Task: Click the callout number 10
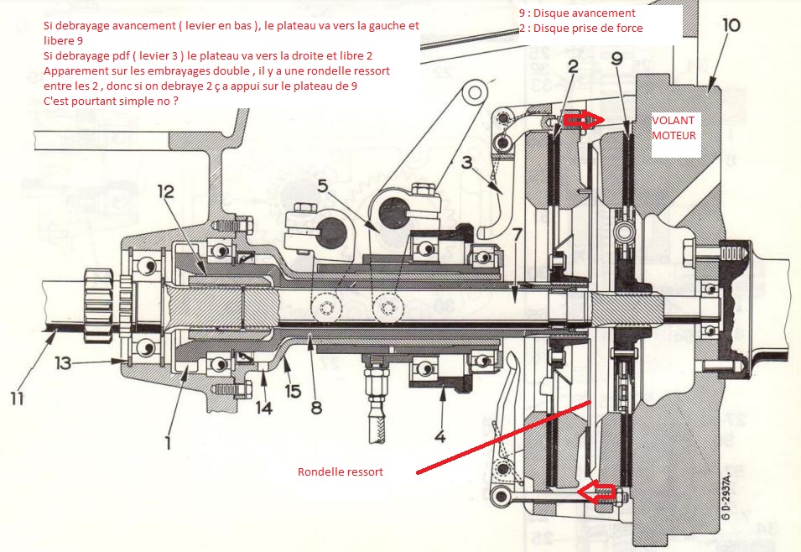coord(730,25)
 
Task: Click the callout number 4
coord(440,436)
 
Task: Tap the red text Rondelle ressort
coord(341,472)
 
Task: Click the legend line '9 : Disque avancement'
coord(577,13)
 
